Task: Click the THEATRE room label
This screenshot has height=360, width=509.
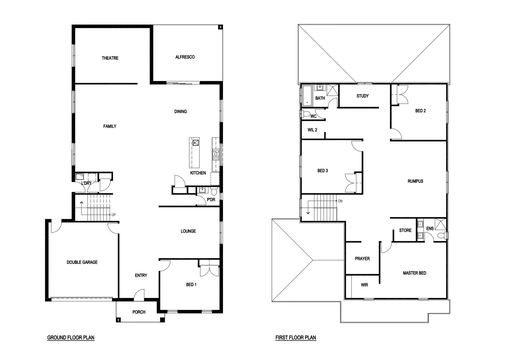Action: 110,58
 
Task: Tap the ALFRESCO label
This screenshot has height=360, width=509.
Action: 185,57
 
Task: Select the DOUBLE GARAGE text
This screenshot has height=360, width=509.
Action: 82,262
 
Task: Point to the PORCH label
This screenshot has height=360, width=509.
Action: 139,312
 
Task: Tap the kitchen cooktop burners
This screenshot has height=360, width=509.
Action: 216,154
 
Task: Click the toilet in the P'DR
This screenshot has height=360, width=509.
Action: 214,191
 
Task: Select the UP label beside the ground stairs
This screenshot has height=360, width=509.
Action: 114,215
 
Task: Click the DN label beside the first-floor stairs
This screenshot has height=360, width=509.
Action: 340,201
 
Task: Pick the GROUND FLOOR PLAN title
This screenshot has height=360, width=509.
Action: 71,337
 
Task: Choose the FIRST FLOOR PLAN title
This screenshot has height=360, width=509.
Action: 296,337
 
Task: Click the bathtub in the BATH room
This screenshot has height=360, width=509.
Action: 307,96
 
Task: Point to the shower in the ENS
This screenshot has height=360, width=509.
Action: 440,225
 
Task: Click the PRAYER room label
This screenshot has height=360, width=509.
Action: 362,259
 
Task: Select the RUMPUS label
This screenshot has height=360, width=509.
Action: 415,181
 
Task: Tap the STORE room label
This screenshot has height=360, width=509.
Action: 405,230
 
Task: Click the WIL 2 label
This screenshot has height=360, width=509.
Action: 312,130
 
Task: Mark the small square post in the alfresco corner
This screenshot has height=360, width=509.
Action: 220,27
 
